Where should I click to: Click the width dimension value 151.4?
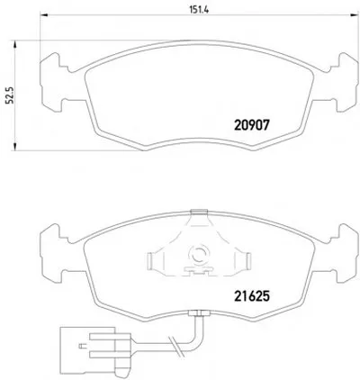[199, 9]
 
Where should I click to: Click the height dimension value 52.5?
[10, 95]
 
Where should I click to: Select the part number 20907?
[252, 125]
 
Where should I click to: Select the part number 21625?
[252, 296]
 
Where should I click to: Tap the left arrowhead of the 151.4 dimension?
[44, 14]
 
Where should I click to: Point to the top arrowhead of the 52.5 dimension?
[14, 44]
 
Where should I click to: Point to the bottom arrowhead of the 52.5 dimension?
[14, 146]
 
